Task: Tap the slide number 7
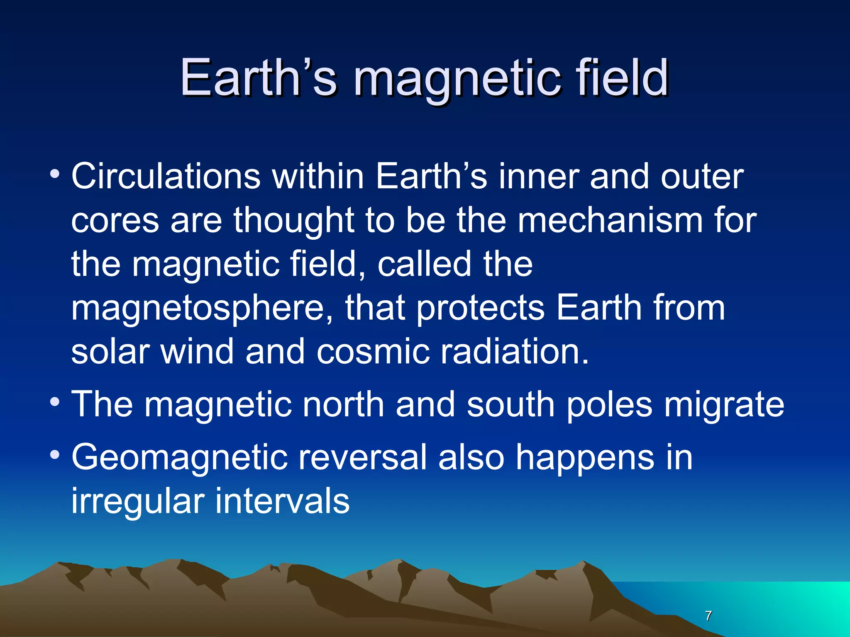pyautogui.click(x=708, y=615)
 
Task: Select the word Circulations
pyautogui.click(x=166, y=177)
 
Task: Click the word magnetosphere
pyautogui.click(x=202, y=309)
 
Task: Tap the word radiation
pyautogui.click(x=515, y=352)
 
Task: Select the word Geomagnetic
pyautogui.click(x=180, y=458)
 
